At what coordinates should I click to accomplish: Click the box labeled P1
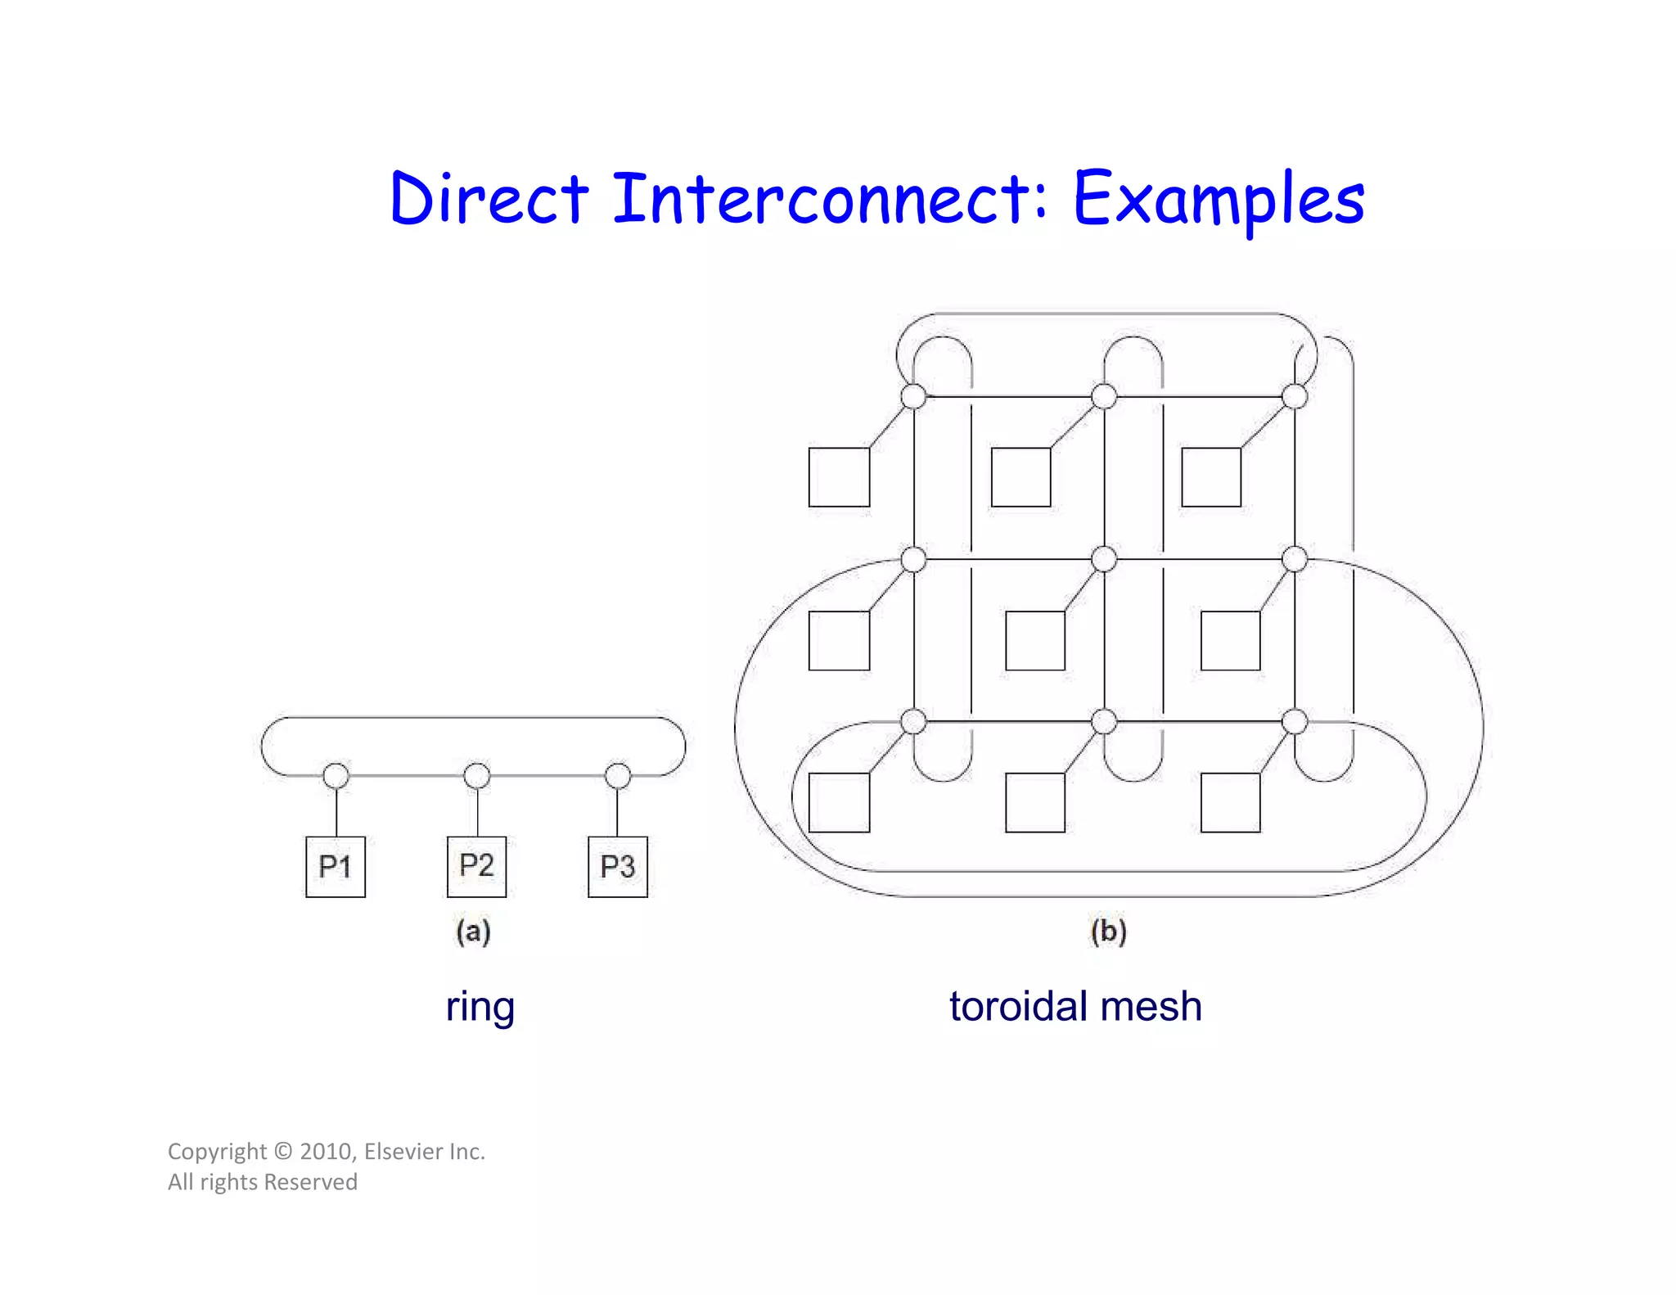tap(336, 866)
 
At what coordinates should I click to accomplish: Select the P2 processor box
tap(476, 866)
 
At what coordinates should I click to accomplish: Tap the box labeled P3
tap(618, 866)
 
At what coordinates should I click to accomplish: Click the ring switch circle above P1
tap(336, 775)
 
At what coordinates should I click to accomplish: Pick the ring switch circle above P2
tap(477, 775)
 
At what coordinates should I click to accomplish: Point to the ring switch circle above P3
tap(618, 775)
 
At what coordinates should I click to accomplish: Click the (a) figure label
tap(474, 932)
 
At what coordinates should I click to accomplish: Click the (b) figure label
tap(1109, 932)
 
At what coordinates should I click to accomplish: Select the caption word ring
tap(480, 1007)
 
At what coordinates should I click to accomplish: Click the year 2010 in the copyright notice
tap(327, 1152)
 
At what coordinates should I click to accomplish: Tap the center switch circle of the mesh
tap(1104, 559)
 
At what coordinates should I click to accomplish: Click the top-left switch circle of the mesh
tap(913, 396)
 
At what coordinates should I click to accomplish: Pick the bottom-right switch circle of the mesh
tap(1295, 721)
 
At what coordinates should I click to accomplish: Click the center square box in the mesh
tap(1035, 640)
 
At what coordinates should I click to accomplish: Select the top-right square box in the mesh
tap(1211, 477)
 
